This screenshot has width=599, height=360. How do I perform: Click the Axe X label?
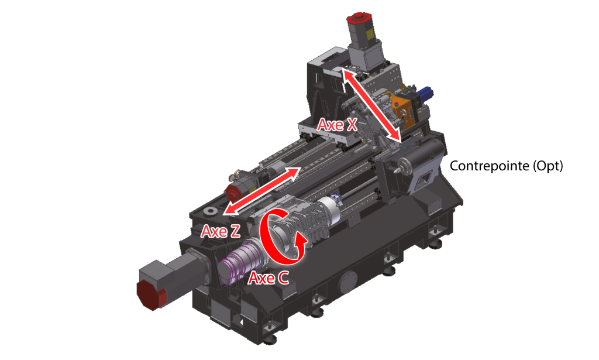click(x=338, y=125)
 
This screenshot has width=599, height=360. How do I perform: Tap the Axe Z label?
click(x=221, y=231)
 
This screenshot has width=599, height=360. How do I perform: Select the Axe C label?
click(x=268, y=278)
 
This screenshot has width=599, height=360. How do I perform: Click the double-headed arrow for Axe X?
click(x=371, y=105)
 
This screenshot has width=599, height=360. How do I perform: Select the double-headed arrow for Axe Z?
click(x=260, y=191)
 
